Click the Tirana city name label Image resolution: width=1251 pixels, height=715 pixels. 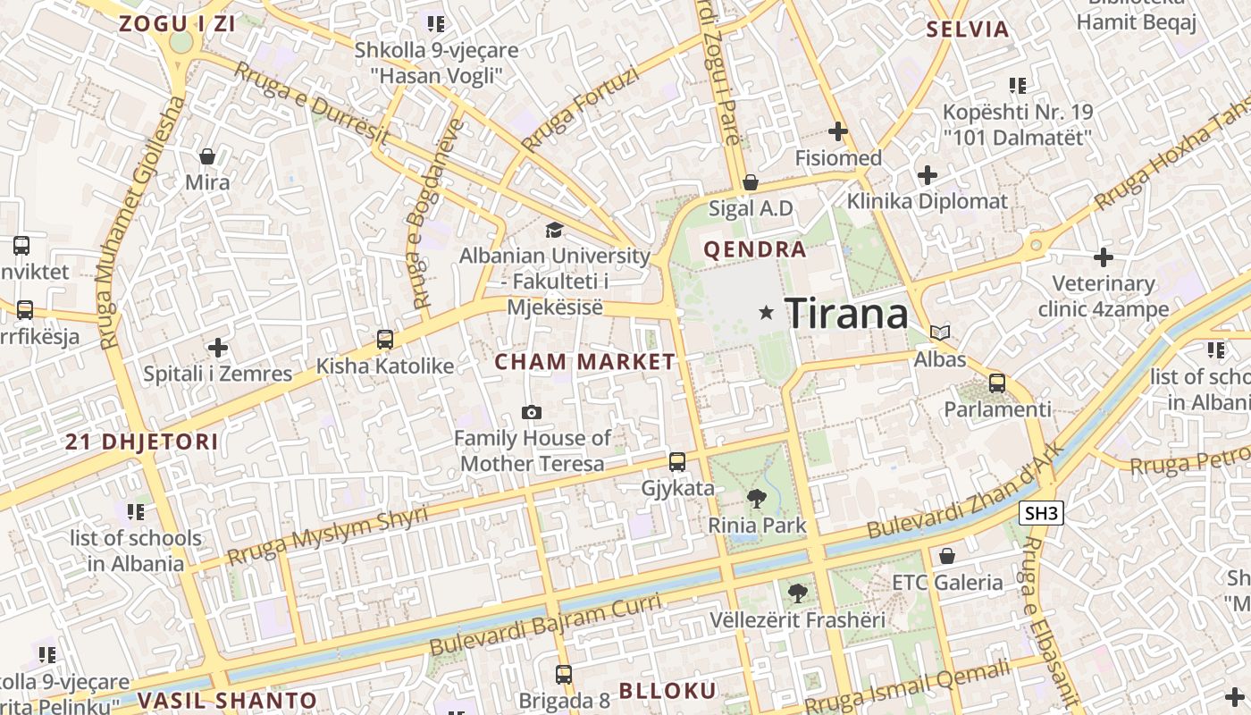[846, 313]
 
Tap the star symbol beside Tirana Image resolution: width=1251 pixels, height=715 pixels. [766, 312]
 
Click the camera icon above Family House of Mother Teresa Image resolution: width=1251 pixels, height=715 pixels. [532, 412]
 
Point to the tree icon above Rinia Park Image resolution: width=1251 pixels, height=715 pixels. [757, 499]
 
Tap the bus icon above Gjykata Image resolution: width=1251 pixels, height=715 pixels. [677, 462]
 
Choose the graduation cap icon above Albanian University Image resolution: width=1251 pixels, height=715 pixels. [555, 231]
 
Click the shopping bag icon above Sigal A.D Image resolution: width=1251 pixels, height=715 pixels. [751, 182]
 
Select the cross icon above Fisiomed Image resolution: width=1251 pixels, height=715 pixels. [837, 132]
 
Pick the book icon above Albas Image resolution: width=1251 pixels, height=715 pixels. [939, 332]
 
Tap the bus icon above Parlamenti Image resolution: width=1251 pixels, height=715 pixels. [996, 383]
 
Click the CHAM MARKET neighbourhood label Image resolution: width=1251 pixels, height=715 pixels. [585, 362]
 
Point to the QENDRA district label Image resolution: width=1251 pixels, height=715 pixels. [755, 249]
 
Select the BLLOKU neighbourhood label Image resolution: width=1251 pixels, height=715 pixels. [667, 691]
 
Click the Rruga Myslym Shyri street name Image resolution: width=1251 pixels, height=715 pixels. [327, 535]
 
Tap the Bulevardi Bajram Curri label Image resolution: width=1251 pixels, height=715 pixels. [546, 622]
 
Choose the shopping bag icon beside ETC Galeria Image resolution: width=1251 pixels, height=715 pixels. [947, 556]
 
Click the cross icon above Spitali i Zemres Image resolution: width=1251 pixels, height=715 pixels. [218, 347]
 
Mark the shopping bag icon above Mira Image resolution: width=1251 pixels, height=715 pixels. [207, 156]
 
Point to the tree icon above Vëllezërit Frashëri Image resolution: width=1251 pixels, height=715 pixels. [797, 593]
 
